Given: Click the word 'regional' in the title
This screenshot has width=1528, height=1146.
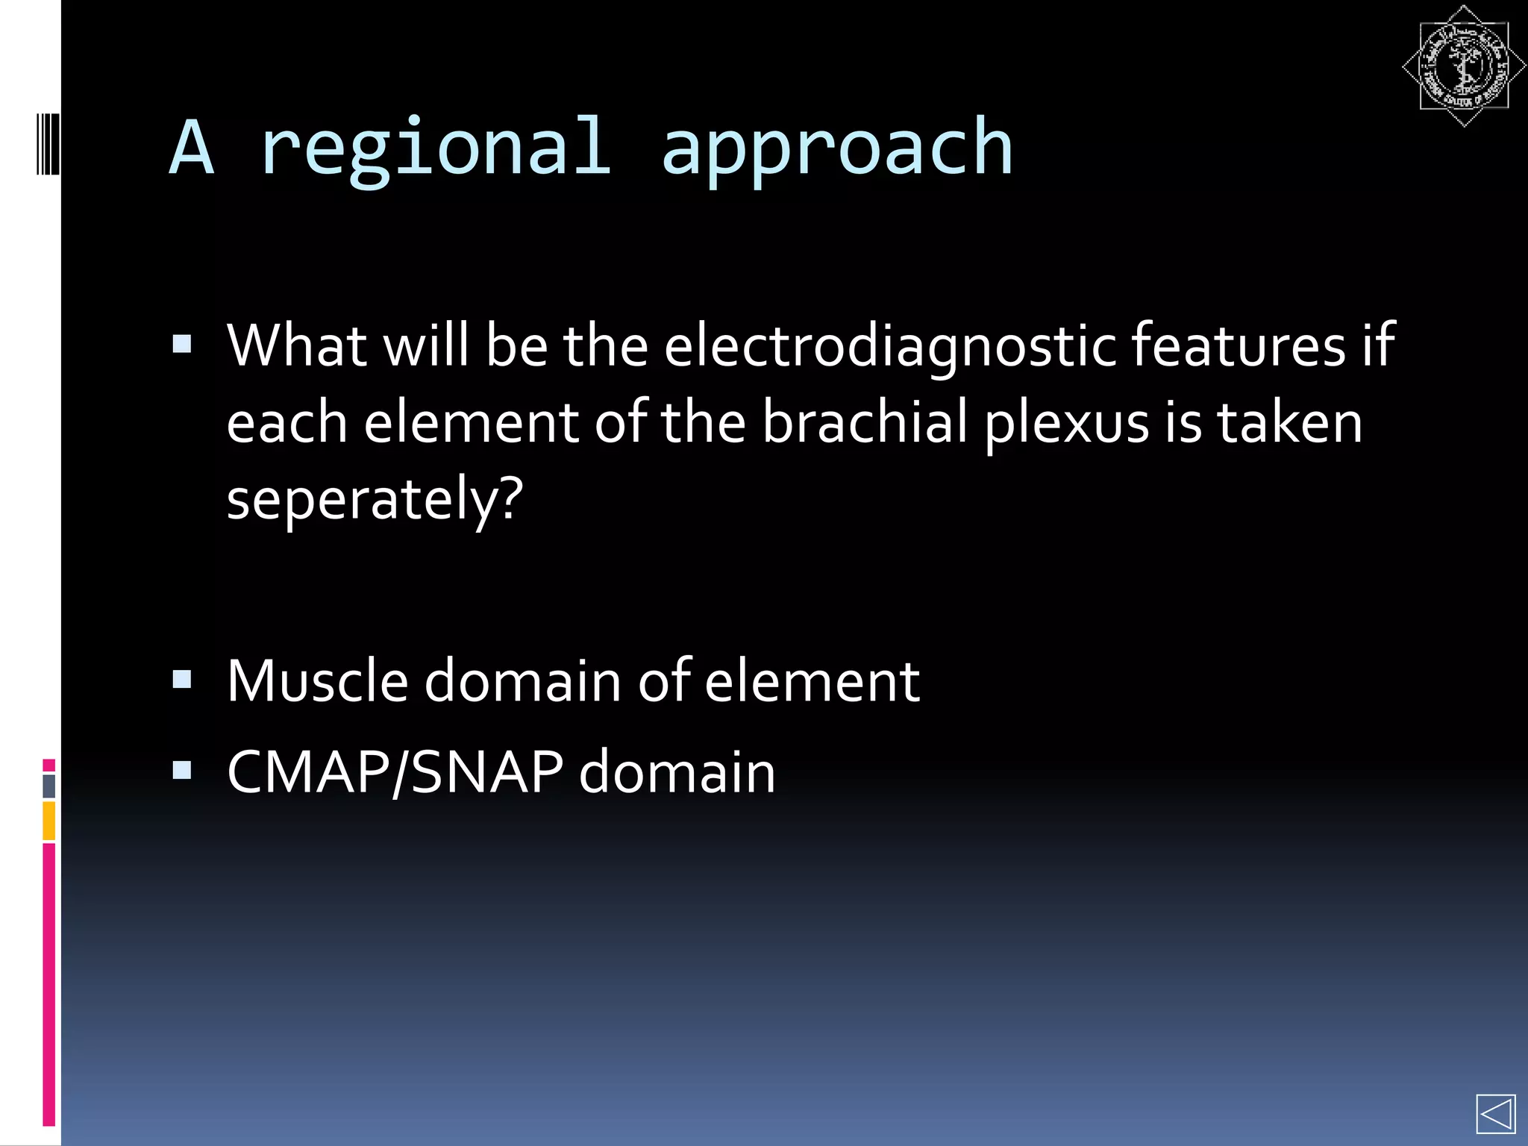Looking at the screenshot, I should pos(436,149).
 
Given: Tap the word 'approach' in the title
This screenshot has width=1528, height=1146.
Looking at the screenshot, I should pos(837,149).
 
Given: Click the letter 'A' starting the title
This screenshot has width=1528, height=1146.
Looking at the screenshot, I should pos(192,149).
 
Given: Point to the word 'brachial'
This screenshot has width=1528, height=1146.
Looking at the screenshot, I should pos(865,422).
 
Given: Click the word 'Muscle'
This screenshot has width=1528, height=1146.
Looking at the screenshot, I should pos(317,680).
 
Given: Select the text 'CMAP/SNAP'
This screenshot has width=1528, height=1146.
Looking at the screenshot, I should pos(395,772).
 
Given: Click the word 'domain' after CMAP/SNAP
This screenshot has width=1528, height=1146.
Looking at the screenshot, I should pos(677,772).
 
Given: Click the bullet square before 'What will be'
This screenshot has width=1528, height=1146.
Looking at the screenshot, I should pos(182,344).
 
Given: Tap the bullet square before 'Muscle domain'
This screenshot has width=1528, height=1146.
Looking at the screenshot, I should pos(182,679).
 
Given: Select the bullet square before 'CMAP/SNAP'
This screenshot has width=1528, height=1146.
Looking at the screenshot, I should pos(182,769).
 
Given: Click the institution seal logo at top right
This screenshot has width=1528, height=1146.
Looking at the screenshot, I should pos(1463,66).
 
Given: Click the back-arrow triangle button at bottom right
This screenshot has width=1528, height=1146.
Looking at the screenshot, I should pos(1495,1115).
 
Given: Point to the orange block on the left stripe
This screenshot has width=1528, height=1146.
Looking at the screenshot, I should pos(49,821).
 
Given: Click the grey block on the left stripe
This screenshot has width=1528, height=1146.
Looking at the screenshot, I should pos(49,786).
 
